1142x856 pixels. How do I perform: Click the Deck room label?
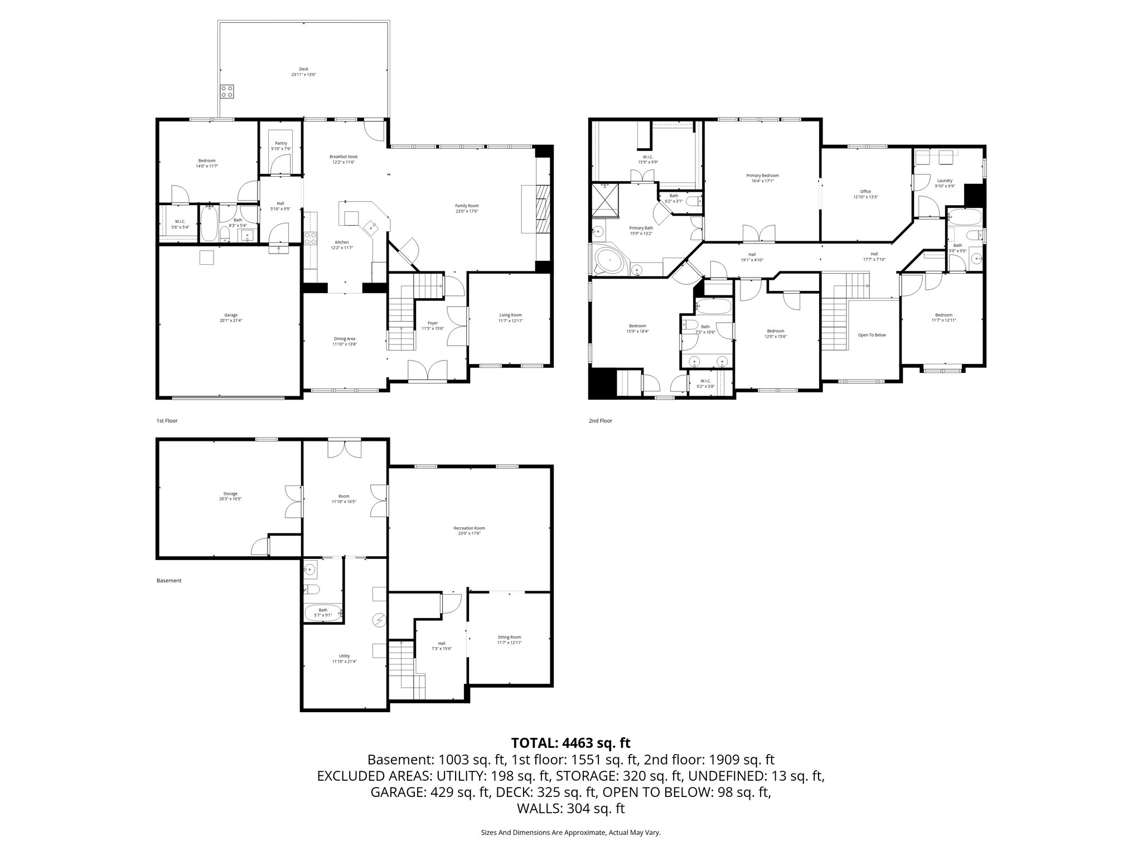(x=303, y=69)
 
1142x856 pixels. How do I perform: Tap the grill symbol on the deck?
(x=227, y=91)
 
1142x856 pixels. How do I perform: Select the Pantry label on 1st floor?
(x=281, y=143)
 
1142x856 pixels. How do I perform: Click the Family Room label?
(x=467, y=206)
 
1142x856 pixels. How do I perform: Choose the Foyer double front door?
(x=428, y=370)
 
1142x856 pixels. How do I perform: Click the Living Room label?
(x=510, y=315)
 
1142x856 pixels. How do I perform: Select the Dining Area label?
(x=345, y=339)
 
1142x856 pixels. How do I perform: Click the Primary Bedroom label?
(x=762, y=176)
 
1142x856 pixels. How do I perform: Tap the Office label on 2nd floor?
(x=865, y=192)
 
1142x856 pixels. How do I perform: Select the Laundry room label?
(x=945, y=181)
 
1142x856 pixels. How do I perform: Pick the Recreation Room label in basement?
(x=469, y=528)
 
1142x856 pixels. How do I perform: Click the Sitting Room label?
(x=509, y=637)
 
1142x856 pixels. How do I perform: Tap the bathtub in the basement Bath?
(x=323, y=614)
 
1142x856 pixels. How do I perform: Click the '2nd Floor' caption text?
(x=601, y=421)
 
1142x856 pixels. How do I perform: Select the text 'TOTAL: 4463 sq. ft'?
(x=570, y=743)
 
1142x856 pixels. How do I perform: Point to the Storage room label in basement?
(x=230, y=494)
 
